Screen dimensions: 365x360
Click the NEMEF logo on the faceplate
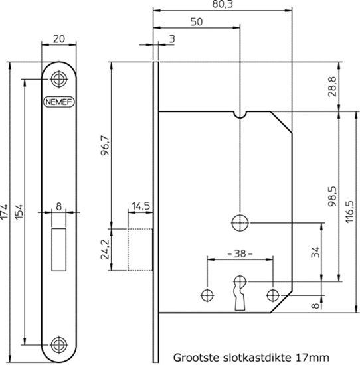coord(59,102)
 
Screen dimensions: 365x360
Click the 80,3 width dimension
coord(222,5)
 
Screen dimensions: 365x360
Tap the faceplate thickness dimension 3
coord(171,40)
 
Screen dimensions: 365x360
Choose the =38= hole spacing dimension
coord(240,253)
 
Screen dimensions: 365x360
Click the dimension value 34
coord(314,253)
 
